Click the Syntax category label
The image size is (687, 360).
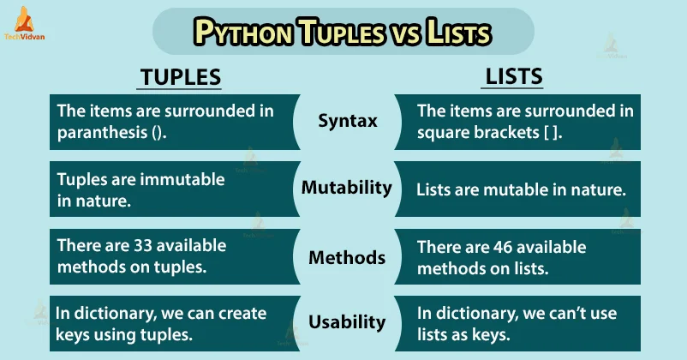348,121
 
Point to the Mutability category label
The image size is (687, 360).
347,187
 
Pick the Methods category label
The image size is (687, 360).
346,256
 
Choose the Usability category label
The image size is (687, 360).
346,322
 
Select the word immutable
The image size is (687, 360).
183,179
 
